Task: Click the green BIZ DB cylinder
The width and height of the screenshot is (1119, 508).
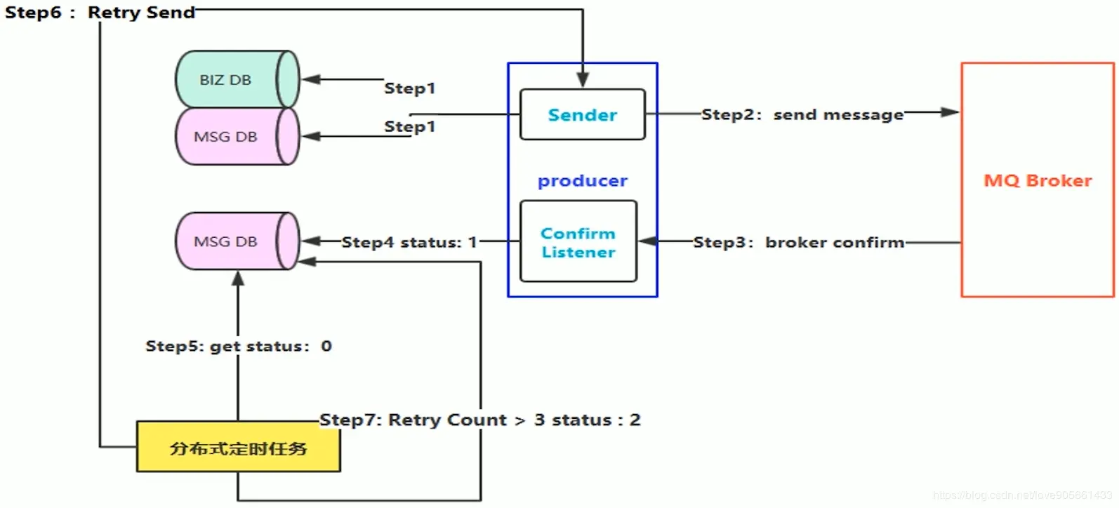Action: click(x=237, y=79)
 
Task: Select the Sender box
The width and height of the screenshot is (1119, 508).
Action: click(x=583, y=114)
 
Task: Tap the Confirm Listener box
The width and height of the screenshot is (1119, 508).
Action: click(x=578, y=242)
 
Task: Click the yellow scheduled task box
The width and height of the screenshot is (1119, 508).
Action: click(x=239, y=446)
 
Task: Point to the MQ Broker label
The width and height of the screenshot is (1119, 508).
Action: click(x=1038, y=180)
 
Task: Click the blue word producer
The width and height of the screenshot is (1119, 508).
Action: click(x=583, y=181)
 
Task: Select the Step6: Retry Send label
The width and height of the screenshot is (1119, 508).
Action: click(x=100, y=13)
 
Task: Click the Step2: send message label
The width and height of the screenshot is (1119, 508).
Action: click(x=802, y=115)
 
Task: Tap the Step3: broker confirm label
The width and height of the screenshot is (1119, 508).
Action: click(x=799, y=242)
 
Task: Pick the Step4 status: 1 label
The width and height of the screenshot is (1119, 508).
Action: click(x=409, y=243)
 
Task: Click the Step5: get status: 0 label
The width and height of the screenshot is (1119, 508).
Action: click(x=239, y=346)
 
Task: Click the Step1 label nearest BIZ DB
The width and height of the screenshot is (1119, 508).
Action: click(x=410, y=88)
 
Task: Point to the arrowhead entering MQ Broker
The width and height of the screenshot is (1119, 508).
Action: click(x=950, y=112)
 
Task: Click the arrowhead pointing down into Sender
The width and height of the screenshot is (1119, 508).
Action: click(x=583, y=80)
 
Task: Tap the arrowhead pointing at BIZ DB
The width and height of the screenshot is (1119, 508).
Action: click(x=311, y=79)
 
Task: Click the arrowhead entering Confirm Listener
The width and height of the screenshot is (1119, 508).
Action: click(x=648, y=241)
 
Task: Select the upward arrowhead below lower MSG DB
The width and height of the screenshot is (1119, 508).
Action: click(x=238, y=279)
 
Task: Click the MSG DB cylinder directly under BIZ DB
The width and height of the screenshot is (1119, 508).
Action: click(x=237, y=136)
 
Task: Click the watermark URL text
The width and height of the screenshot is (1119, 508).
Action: click(x=1022, y=495)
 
